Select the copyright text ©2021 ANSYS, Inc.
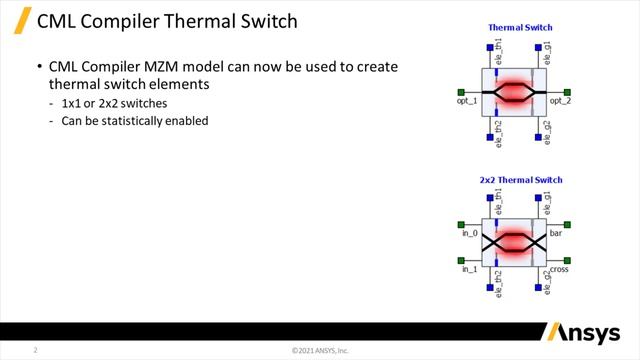point(319,351)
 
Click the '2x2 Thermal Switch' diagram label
point(519,180)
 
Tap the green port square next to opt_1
point(461,91)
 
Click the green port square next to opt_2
point(568,91)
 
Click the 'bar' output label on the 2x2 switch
point(557,233)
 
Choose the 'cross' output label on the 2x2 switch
point(559,269)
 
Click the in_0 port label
point(469,233)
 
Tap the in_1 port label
point(469,269)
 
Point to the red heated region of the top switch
point(515,92)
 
